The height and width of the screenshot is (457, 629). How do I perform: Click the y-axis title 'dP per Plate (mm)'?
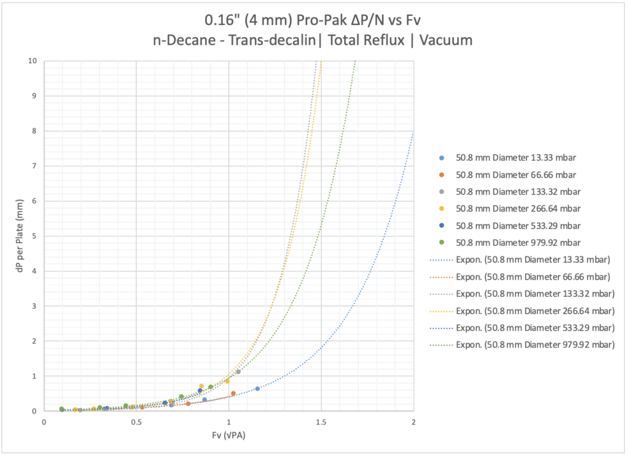[x=21, y=236]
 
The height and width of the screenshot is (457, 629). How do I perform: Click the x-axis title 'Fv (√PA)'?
[x=229, y=436]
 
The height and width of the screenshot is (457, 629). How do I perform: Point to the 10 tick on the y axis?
[x=33, y=61]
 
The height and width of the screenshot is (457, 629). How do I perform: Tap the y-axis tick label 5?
[x=34, y=236]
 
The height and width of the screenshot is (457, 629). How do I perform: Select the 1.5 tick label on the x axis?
[x=321, y=423]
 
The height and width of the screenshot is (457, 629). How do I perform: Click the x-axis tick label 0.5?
[x=136, y=423]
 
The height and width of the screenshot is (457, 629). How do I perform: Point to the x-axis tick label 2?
[x=413, y=423]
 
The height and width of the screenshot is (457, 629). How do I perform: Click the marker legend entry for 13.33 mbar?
[x=517, y=157]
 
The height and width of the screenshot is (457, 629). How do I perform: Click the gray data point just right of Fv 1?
[x=238, y=372]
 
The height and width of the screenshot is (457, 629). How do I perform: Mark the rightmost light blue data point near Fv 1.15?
[x=257, y=388]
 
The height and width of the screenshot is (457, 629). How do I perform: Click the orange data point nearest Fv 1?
[x=233, y=393]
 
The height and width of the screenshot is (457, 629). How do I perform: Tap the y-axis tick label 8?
[x=34, y=131]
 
